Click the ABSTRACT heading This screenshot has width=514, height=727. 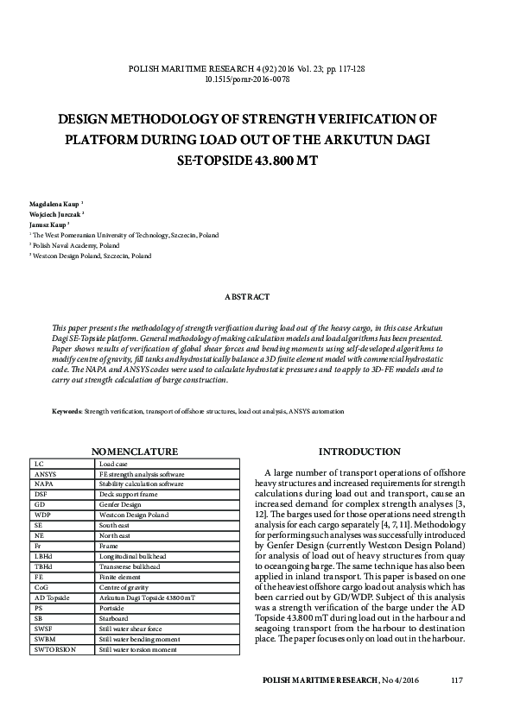[247, 296]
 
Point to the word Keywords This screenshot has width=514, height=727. [67, 413]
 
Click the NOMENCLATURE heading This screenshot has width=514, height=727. [135, 452]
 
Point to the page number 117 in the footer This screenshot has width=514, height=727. [457, 681]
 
